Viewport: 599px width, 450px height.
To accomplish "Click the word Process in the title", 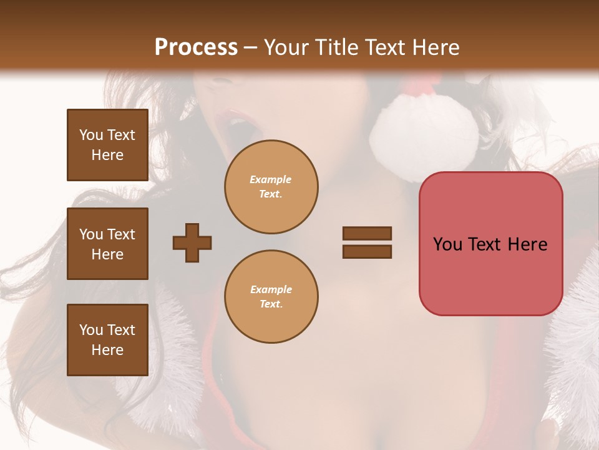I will click(196, 47).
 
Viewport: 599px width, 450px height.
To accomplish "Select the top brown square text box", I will click(107, 145).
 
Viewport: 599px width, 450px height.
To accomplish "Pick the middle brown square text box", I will click(107, 244).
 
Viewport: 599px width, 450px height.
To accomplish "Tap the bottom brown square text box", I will click(107, 340).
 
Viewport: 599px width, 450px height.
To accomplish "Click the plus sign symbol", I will click(192, 242).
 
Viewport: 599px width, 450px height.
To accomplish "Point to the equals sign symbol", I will click(367, 242).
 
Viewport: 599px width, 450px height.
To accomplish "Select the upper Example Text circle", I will click(271, 187).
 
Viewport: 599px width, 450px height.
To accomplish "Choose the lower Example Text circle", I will click(271, 297).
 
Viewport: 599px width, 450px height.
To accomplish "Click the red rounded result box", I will click(490, 244).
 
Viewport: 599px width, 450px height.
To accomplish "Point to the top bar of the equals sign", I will click(367, 234).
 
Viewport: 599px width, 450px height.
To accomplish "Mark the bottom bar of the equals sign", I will click(367, 251).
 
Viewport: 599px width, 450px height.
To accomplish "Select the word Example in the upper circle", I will click(271, 179).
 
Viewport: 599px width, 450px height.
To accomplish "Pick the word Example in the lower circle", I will click(271, 289).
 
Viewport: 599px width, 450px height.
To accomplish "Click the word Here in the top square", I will click(107, 155).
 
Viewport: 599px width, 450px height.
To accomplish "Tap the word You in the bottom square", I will click(91, 330).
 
